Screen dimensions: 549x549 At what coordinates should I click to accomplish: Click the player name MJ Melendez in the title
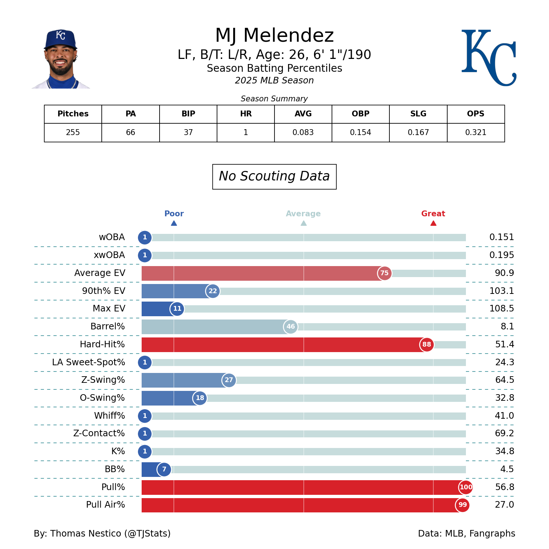coord(274,36)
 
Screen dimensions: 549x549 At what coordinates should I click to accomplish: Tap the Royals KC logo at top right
coord(489,58)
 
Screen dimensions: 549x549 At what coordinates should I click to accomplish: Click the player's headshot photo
coord(61,59)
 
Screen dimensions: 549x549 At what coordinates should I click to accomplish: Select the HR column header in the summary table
coord(246,114)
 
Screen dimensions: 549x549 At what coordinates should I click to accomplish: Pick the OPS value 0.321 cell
coord(475,132)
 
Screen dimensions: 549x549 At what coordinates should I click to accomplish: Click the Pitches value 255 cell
coord(73,132)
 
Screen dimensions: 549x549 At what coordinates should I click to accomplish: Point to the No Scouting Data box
coord(274,176)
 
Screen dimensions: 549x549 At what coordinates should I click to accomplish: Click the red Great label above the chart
coord(433,214)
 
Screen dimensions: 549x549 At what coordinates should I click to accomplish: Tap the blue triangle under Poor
coord(174,223)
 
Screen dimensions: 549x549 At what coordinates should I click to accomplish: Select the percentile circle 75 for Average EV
coord(384,273)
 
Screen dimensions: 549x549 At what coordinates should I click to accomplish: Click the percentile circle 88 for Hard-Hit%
coord(426,344)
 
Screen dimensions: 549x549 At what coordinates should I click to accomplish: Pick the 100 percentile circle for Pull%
coord(466,487)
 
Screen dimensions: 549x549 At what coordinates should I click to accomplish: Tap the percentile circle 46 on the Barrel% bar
coord(291,326)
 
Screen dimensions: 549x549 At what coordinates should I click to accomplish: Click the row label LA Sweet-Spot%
coord(89,362)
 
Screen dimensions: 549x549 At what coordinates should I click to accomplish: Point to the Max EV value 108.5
coord(501,309)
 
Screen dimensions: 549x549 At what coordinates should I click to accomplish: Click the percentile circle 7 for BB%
coord(164,469)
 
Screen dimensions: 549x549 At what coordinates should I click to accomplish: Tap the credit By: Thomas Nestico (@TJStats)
coord(102,534)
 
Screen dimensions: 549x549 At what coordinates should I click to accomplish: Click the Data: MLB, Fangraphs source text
coord(466,534)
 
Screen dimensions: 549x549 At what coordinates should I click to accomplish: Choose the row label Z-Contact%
coord(99,433)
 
